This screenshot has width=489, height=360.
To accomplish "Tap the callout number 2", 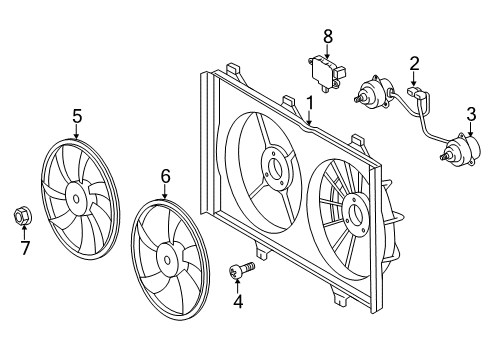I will point(413,65).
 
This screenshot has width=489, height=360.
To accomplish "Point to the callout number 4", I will point(237,300).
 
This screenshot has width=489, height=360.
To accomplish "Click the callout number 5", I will point(77,116).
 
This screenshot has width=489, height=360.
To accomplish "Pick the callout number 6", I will point(166,177).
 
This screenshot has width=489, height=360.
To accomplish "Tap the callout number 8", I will point(326,36).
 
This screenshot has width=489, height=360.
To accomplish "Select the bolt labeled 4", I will point(241,268).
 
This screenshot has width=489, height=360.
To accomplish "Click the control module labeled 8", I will point(326,72).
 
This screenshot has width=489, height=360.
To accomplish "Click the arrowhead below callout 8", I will point(326,57).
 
